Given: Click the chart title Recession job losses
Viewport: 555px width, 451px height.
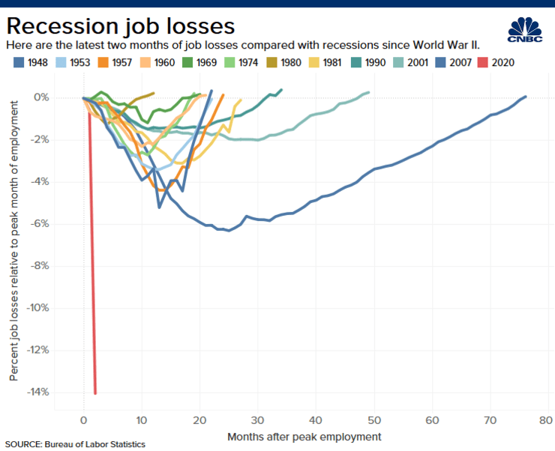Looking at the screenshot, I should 121,25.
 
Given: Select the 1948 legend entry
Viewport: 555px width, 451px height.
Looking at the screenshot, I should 30,63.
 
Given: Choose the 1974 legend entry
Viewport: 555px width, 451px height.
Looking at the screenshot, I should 241,63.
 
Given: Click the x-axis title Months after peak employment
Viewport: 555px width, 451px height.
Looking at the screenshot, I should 304,436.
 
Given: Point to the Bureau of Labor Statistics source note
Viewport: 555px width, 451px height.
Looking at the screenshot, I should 75,444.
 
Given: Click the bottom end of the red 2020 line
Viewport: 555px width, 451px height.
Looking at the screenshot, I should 95,393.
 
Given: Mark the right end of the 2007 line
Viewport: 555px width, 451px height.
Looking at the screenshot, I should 526,97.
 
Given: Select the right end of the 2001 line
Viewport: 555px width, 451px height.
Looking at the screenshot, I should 369,93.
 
